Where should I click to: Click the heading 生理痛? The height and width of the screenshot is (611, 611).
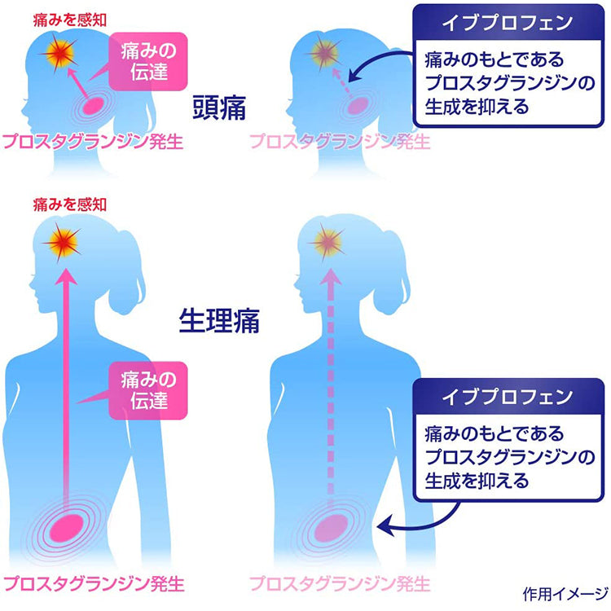click(x=219, y=321)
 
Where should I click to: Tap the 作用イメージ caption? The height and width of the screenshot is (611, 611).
click(x=565, y=594)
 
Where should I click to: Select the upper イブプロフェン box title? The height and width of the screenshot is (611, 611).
click(x=508, y=23)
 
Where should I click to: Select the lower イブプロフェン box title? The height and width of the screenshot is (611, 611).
click(x=508, y=397)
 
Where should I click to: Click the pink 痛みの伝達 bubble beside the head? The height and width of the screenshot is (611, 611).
click(x=148, y=62)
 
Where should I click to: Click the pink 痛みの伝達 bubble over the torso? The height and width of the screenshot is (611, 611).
click(x=148, y=390)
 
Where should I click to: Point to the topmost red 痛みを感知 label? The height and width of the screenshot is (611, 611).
click(x=70, y=20)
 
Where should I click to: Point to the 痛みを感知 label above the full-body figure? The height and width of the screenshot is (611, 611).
click(x=70, y=204)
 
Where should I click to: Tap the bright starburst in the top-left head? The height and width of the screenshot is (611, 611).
click(x=59, y=54)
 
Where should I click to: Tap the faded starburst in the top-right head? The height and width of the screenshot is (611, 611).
click(x=324, y=54)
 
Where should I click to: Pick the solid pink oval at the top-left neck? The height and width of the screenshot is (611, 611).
click(x=92, y=106)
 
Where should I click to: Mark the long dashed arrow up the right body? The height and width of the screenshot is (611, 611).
click(x=331, y=386)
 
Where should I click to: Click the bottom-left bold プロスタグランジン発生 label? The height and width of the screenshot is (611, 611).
click(x=93, y=584)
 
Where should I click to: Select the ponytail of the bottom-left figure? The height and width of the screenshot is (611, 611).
click(x=126, y=273)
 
